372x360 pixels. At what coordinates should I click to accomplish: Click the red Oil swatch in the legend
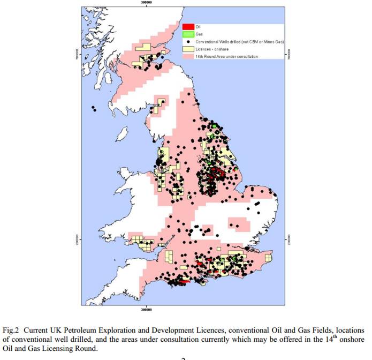[x=187, y=26]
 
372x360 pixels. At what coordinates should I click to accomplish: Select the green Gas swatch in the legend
[x=187, y=34]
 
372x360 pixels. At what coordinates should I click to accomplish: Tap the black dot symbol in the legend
[x=187, y=41]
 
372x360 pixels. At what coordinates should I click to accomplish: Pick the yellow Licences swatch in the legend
[x=187, y=49]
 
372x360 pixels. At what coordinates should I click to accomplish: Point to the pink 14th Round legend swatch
[x=187, y=56]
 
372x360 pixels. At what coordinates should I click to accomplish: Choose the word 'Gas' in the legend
[x=199, y=34]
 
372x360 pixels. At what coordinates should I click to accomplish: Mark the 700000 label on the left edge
[x=78, y=55]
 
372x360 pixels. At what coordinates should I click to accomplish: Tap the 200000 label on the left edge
[x=78, y=237]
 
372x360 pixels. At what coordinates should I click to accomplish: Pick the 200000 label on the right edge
[x=289, y=237]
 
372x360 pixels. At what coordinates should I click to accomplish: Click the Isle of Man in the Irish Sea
[x=122, y=132]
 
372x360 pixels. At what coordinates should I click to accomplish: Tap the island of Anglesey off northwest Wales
[x=126, y=173]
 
